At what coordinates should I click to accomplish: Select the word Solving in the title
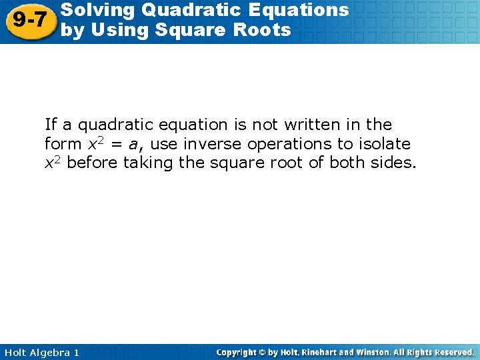(x=90, y=10)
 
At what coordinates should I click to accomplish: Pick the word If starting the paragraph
(x=50, y=125)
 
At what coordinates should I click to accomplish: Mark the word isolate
(x=385, y=144)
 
